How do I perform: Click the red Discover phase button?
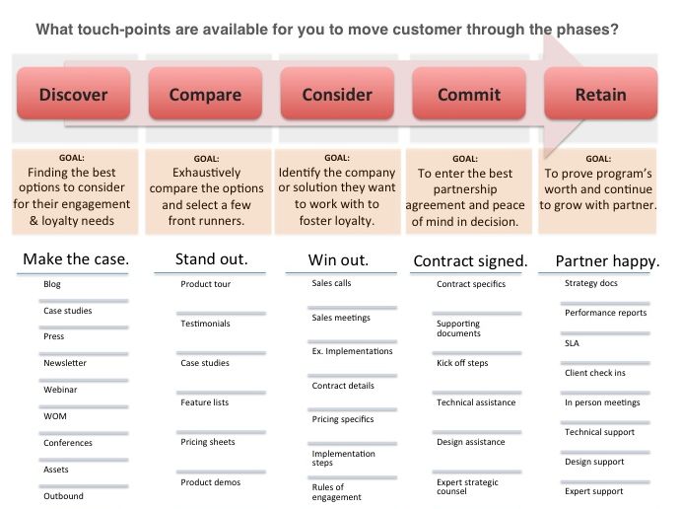[x=73, y=95]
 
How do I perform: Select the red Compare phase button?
[x=205, y=95]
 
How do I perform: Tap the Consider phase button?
[x=337, y=95]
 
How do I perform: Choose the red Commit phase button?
[x=469, y=95]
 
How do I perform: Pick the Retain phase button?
[x=600, y=95]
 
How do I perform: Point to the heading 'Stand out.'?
[x=211, y=260]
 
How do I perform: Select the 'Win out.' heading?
[x=339, y=260]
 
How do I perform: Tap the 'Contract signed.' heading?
[x=470, y=261]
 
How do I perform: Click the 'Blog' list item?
[x=52, y=284]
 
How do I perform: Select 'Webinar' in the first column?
[x=61, y=390]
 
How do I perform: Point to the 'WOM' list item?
[x=55, y=416]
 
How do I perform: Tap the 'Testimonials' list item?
[x=205, y=324]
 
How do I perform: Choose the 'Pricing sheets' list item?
[x=208, y=442]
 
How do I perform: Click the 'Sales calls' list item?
[x=331, y=283]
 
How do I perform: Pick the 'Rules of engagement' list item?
[x=337, y=492]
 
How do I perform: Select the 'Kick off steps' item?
[x=462, y=364]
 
